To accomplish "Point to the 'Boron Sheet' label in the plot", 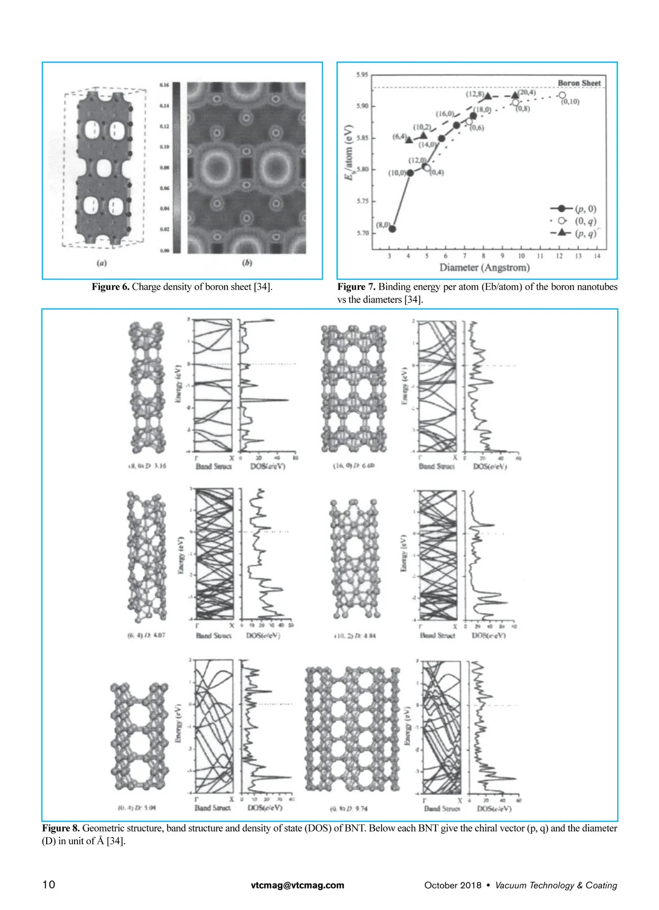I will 579,83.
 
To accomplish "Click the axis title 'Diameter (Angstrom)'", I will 484,267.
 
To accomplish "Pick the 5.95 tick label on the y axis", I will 362,75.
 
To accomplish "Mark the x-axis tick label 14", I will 597,256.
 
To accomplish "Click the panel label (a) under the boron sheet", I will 102,263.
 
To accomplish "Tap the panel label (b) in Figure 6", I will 247,263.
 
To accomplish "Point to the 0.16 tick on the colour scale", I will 164,85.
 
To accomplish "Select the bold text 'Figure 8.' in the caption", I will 61,828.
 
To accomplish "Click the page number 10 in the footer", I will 49,885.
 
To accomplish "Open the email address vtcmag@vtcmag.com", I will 298,885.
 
